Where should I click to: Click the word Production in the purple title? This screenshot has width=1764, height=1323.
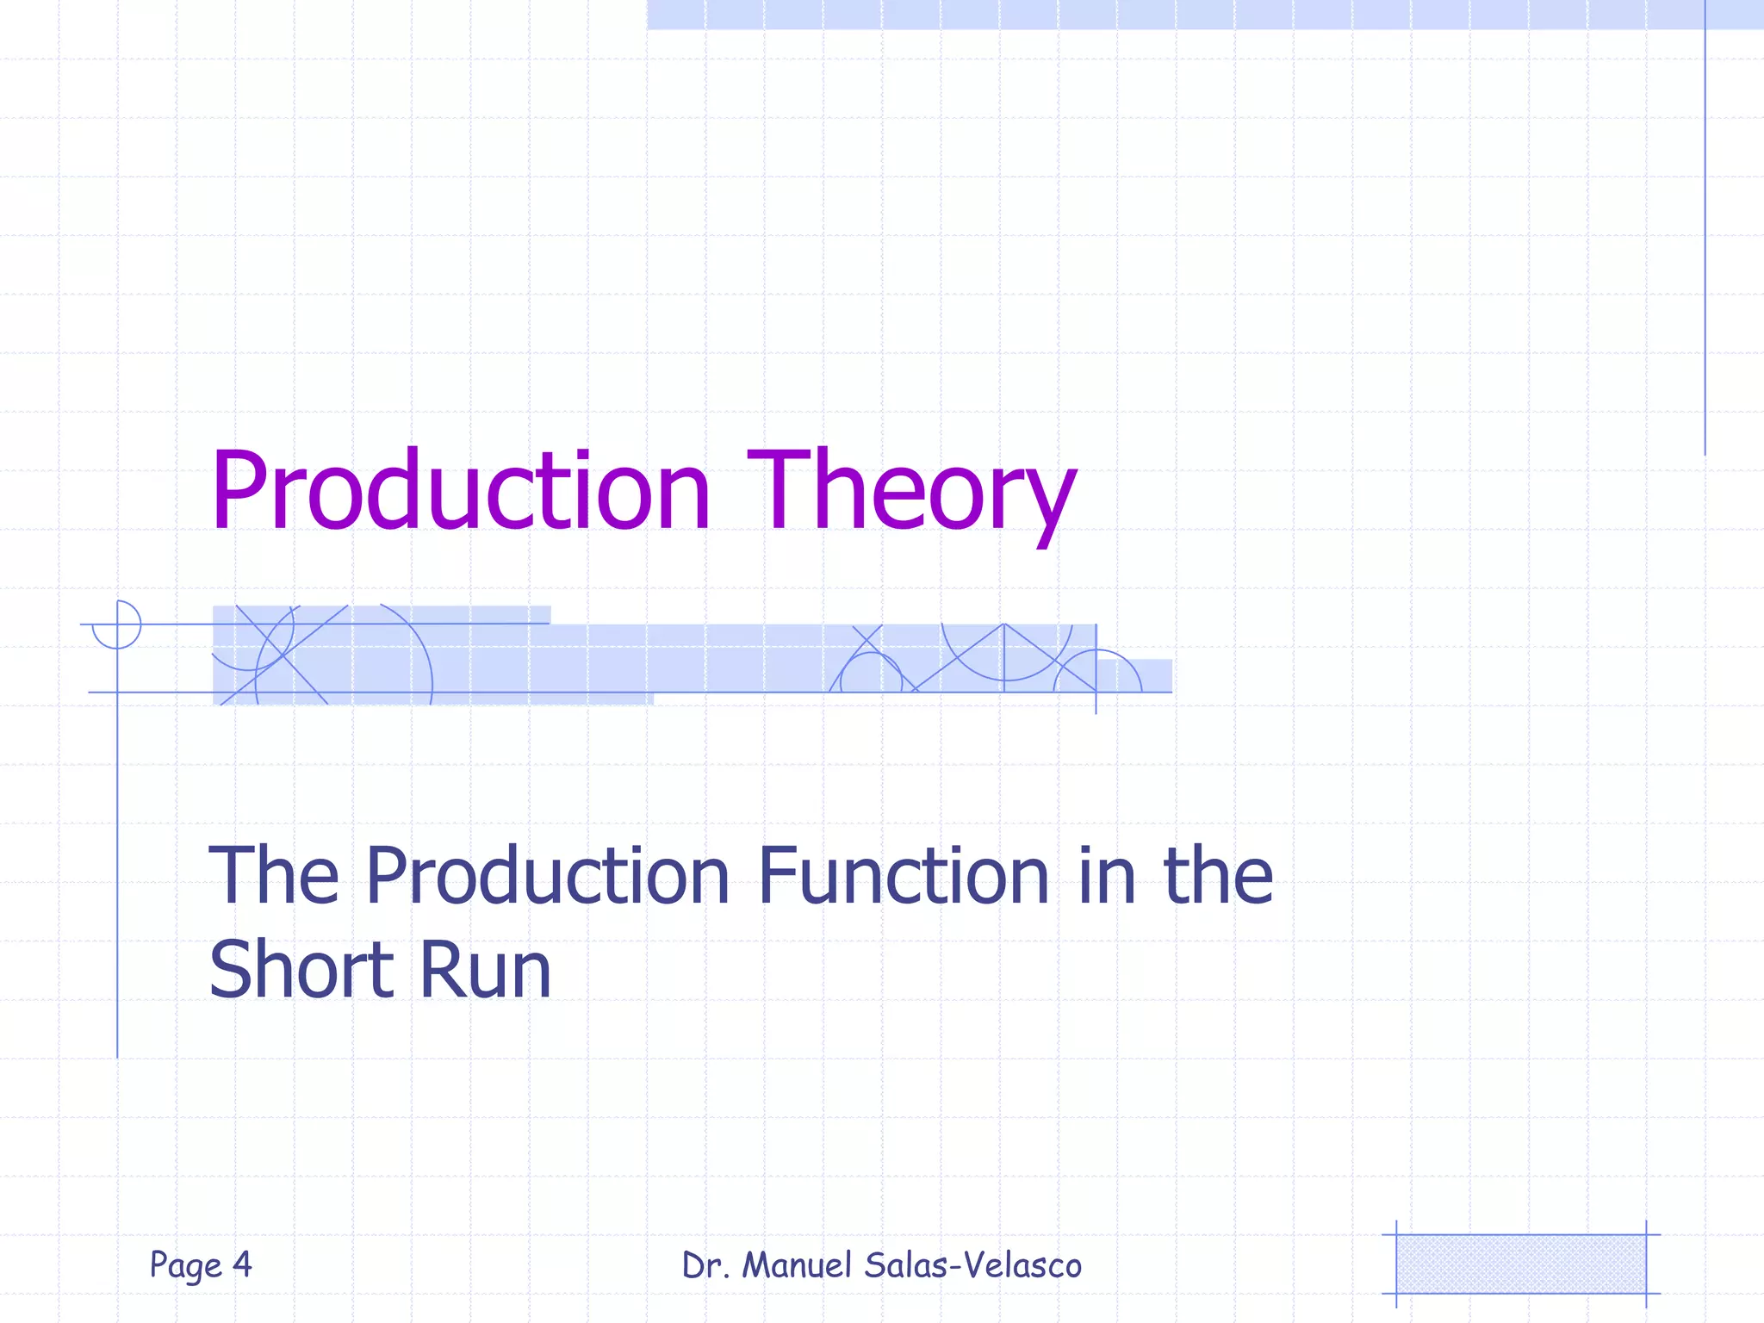(461, 491)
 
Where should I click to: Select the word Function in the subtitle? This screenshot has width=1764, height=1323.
(904, 876)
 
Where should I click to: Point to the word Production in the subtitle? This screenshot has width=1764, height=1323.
(548, 876)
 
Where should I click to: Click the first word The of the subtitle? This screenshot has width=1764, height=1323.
(274, 876)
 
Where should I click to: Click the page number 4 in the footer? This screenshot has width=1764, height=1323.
(242, 1264)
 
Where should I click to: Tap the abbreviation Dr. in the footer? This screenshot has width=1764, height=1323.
(705, 1265)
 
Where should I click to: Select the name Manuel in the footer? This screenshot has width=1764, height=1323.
(797, 1265)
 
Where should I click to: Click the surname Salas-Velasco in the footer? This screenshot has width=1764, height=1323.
(972, 1265)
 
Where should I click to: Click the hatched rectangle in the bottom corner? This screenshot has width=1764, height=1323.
(1520, 1264)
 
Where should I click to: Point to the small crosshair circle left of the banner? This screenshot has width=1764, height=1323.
(117, 624)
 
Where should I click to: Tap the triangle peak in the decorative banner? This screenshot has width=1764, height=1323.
(1004, 625)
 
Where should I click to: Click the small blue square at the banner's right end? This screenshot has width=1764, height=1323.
(1146, 675)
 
